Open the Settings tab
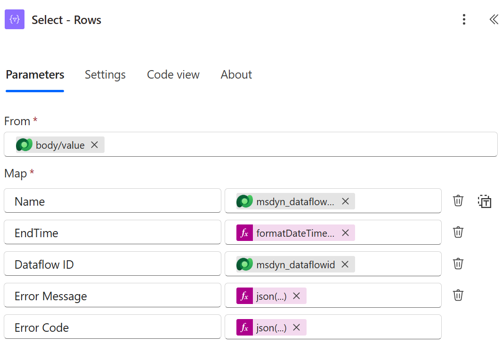pos(105,74)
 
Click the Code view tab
pos(173,74)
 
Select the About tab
pos(236,74)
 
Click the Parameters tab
pos(35,74)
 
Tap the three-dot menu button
pos(464,19)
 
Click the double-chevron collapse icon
pos(494,19)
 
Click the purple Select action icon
pos(15,19)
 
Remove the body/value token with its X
pos(95,144)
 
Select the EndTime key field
pos(113,232)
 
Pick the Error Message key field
pos(113,295)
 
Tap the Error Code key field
pos(113,327)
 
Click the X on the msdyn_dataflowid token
pos(345,264)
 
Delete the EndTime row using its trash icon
pos(458,232)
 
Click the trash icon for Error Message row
pos(458,295)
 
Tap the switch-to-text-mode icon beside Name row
pos(485,201)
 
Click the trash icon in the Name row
pos(458,200)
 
